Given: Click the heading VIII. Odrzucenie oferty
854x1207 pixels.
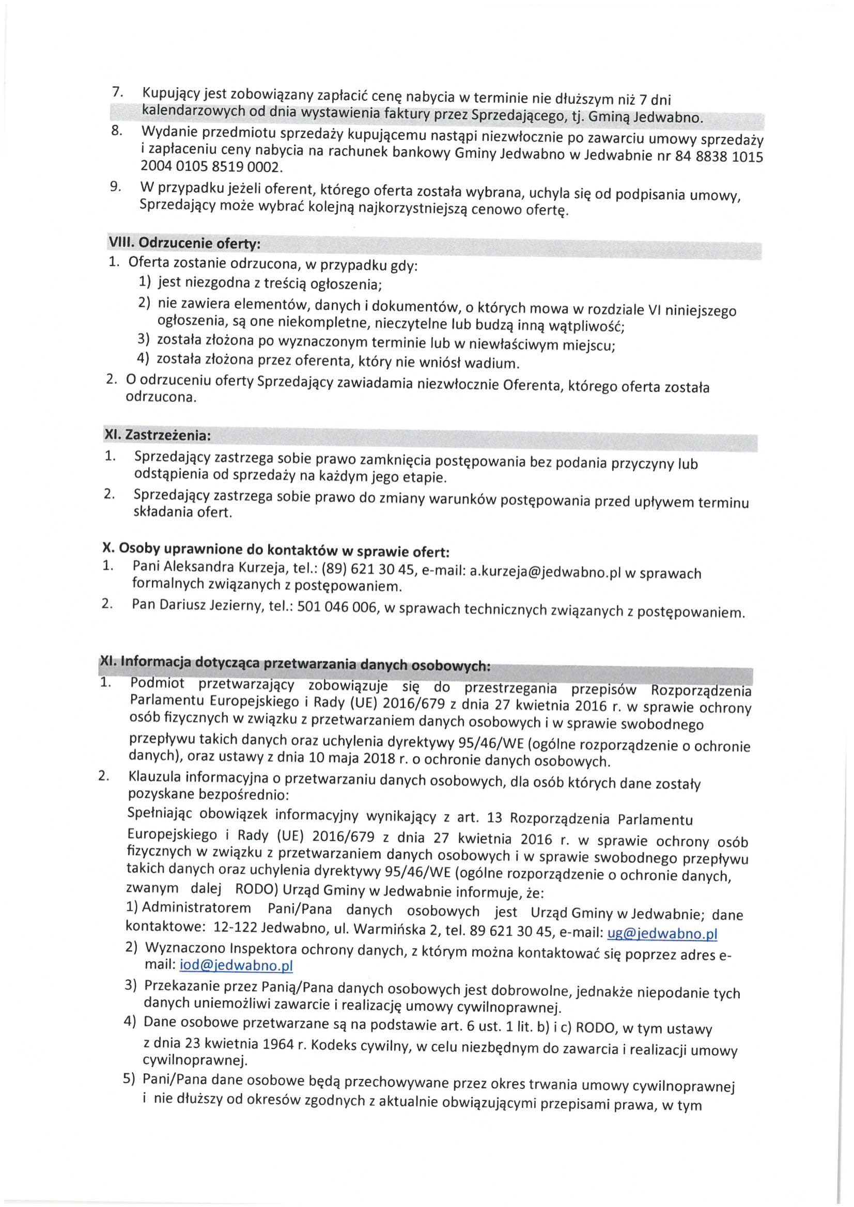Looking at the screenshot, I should click(184, 243).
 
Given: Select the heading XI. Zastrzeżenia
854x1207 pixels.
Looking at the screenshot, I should click(158, 435).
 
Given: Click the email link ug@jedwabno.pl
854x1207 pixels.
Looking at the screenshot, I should click(662, 933).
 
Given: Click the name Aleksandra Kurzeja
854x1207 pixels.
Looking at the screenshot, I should click(226, 567).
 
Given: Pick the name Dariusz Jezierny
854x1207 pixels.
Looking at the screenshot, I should click(211, 606).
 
